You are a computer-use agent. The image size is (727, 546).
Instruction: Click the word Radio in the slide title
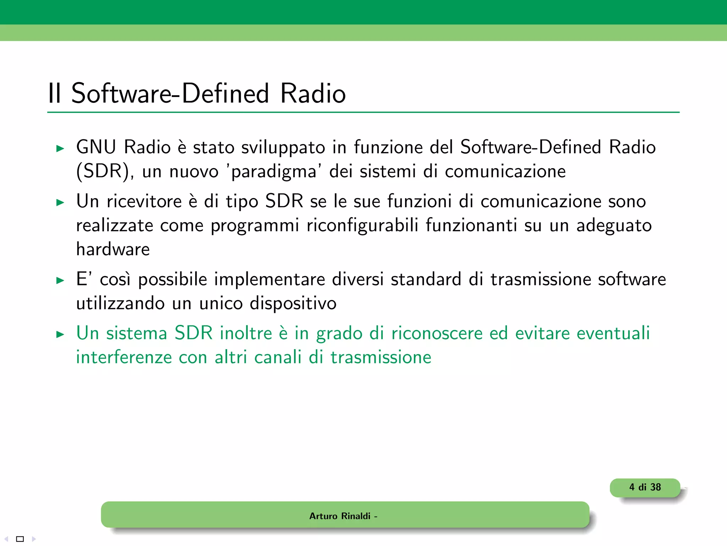coord(313,93)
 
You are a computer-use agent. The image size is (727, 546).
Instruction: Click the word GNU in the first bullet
coord(96,147)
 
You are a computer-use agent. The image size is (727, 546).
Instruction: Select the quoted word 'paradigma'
coord(274,172)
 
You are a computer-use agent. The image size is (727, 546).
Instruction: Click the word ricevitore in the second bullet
coord(144,202)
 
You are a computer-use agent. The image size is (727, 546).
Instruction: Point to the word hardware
coord(113,249)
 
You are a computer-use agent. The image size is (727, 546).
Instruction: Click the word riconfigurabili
coord(362,225)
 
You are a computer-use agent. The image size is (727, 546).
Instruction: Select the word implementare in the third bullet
coord(269,279)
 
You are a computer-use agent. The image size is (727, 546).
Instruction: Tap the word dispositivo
coord(293,304)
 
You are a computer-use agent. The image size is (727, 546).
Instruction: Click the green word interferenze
coord(124,357)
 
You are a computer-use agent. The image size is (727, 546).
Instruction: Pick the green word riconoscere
coord(437,333)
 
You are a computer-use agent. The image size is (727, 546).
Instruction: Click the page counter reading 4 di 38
coord(645,487)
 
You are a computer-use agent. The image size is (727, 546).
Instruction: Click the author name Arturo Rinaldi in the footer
coord(340,516)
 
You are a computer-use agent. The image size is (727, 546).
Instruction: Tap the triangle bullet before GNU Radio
coord(60,149)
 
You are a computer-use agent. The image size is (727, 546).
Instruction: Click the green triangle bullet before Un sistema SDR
coord(60,334)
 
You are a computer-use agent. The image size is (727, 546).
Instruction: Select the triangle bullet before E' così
coord(60,280)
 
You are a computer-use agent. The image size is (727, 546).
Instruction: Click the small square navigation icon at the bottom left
coord(20,539)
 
